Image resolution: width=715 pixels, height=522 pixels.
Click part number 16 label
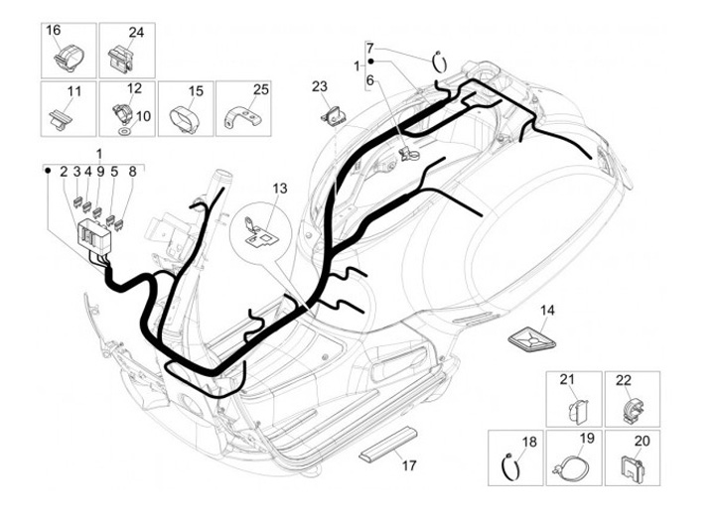[54, 31]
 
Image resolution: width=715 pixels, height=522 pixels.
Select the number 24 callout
[136, 32]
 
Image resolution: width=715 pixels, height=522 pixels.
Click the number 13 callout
[278, 188]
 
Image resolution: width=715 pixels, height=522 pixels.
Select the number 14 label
[547, 311]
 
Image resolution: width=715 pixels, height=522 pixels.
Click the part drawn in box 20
[630, 462]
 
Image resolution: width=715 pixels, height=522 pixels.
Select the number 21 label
[567, 380]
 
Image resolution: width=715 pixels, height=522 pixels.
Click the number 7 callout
[369, 48]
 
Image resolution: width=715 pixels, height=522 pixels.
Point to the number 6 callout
[369, 79]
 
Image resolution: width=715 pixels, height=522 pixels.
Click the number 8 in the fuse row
[131, 171]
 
